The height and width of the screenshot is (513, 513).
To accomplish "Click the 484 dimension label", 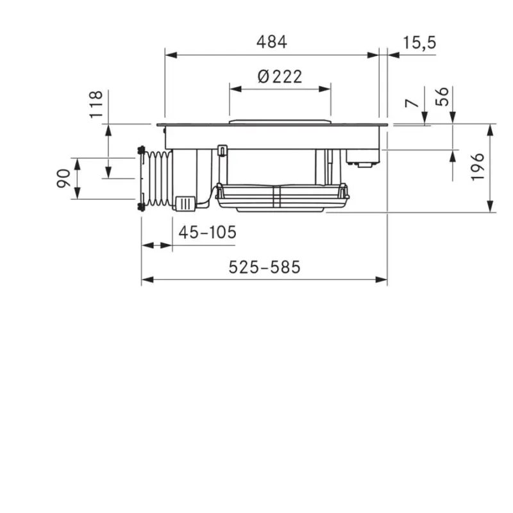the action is pyautogui.click(x=271, y=42).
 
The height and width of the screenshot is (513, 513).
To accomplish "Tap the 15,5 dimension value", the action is pyautogui.click(x=419, y=42).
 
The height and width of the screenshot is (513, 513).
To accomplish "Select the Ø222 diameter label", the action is pyautogui.click(x=280, y=76).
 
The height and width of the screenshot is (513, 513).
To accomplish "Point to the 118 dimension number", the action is pyautogui.click(x=96, y=105).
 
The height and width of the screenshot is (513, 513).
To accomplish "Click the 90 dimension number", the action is pyautogui.click(x=63, y=178).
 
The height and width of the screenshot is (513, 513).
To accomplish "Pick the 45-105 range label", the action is pyautogui.click(x=207, y=232).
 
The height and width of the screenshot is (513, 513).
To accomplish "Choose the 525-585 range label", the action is pyautogui.click(x=264, y=267).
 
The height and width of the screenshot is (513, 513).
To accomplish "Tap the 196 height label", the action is pyautogui.click(x=477, y=167).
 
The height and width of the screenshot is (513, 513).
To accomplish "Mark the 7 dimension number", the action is pyautogui.click(x=412, y=103).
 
